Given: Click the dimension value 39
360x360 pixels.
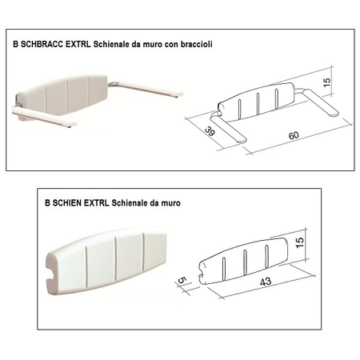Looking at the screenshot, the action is (210, 131).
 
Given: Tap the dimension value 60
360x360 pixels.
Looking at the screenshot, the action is (294, 135).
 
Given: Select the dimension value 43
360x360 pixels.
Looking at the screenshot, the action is (266, 282).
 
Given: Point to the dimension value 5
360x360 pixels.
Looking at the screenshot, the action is (182, 281).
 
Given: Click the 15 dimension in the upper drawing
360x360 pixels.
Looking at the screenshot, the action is (327, 82).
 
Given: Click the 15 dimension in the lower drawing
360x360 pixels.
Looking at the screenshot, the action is (300, 242).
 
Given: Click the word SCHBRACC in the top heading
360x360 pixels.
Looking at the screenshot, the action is (42, 44).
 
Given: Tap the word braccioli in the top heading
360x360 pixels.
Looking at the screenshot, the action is (197, 44).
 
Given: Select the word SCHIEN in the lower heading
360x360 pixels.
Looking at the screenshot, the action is (67, 203).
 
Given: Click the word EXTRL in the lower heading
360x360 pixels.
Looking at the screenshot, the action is (96, 203).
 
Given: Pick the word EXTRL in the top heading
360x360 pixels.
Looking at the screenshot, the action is (78, 44).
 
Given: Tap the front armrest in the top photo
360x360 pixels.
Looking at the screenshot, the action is (44, 117).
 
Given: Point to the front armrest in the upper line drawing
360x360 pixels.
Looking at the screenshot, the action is (228, 127).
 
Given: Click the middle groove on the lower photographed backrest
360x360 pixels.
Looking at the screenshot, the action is (116, 259).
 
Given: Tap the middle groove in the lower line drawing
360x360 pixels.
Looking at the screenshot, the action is (245, 262).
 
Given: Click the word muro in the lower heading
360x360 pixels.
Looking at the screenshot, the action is (170, 203).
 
